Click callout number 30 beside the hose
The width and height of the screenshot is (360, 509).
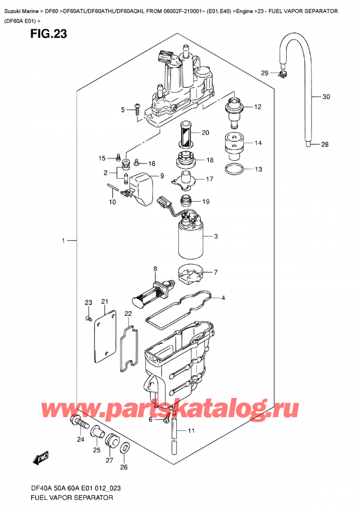point(326,97)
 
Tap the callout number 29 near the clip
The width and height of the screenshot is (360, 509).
point(264,73)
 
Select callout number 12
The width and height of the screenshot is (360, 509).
point(257,107)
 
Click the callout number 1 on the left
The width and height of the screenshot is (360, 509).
point(62,241)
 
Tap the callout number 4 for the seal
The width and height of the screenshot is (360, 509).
point(223,298)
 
